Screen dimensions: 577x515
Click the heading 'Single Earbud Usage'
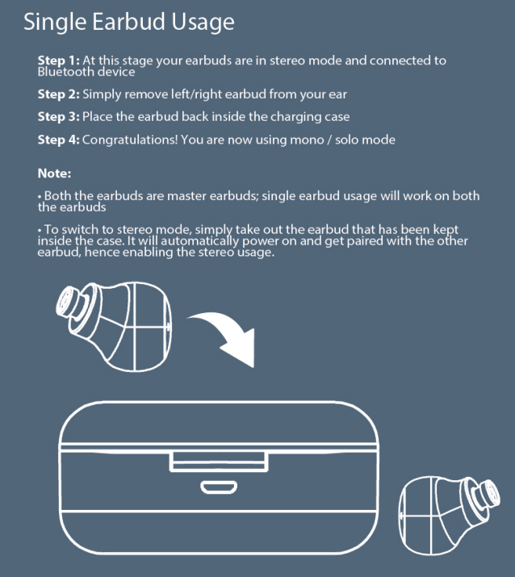[x=129, y=22]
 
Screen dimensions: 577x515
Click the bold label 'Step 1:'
[x=59, y=61]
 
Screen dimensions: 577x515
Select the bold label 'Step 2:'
[x=59, y=94]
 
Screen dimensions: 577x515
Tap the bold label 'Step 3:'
[x=59, y=117]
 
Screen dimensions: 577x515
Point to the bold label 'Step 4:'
[x=59, y=140]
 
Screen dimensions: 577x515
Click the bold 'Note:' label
[x=55, y=174]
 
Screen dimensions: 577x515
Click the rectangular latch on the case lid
[x=219, y=461]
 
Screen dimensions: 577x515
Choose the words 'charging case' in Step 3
[x=312, y=117]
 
